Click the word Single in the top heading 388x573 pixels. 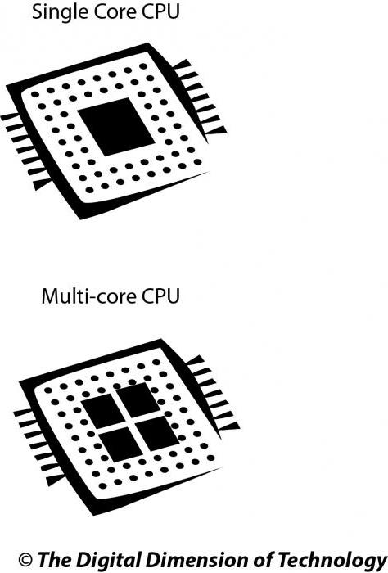coord(61,12)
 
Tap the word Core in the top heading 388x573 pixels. coord(115,11)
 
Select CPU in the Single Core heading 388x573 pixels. coord(160,11)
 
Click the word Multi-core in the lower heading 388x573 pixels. coord(88,296)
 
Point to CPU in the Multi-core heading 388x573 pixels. coord(160,296)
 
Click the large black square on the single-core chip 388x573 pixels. coord(116,126)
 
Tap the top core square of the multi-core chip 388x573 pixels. coord(138,399)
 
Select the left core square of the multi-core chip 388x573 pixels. coord(103,411)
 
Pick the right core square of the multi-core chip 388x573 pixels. coord(157,433)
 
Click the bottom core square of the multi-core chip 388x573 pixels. coord(121,444)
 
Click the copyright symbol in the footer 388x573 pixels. coord(25,559)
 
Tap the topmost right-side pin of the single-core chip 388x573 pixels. coord(181,65)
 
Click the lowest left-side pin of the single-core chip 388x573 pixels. coord(43,184)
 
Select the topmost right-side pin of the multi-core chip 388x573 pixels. coord(195,360)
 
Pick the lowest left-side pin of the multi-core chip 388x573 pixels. coord(56,480)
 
